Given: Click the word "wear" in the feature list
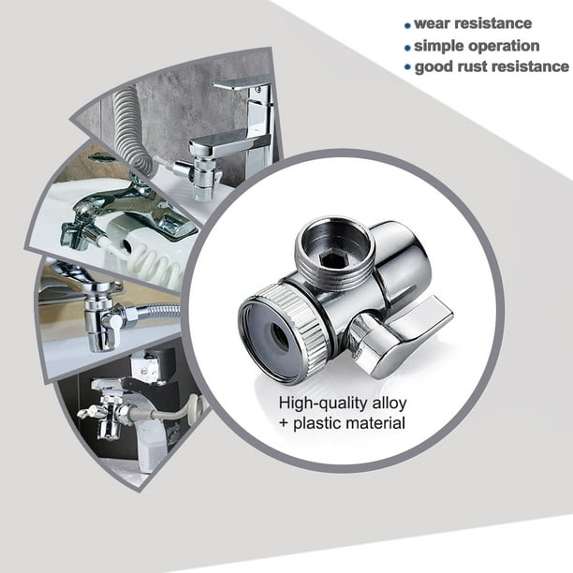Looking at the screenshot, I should click(x=436, y=23).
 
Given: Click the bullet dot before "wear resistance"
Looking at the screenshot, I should click(x=406, y=25).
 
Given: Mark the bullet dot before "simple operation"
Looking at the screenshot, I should click(x=406, y=47).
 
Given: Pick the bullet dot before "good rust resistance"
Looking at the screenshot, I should click(x=406, y=68).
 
